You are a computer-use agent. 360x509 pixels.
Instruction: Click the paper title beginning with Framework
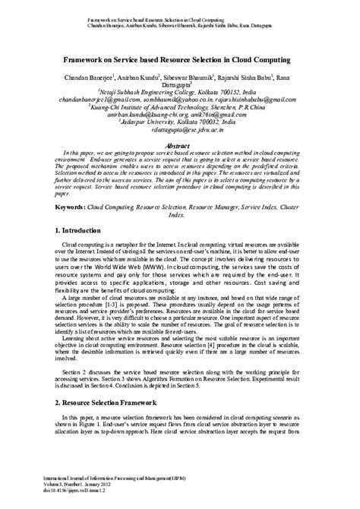coord(180,58)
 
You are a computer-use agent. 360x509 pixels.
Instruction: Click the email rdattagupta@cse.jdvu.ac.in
coord(180,131)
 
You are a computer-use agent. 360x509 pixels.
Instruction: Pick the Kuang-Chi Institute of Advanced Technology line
coord(181,108)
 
